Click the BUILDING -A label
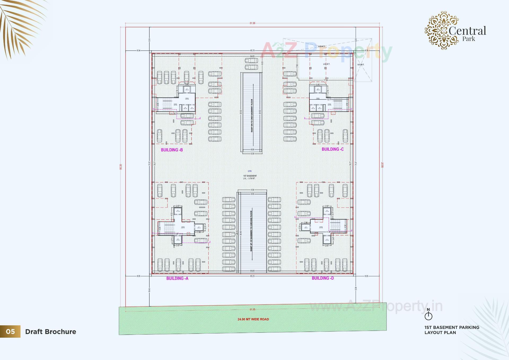coord(177,278)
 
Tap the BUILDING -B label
coord(172,150)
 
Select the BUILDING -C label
coord(332,149)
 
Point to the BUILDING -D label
coord(323,278)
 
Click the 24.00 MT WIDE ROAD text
coord(253,319)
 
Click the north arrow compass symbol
coord(428,315)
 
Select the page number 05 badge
coord(10,332)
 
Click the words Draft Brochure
coord(51,332)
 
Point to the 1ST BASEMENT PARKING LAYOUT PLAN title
coord(452,330)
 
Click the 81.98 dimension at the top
coord(252,23)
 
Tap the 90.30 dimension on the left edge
coord(121,167)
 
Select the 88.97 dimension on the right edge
coord(383,165)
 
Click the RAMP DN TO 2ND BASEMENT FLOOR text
coord(252,116)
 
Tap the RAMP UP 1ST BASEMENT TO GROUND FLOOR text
coord(251,231)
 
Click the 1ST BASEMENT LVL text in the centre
coord(250,177)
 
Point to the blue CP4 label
coord(249,171)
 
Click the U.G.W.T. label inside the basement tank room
coord(326,64)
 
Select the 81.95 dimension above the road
coord(252,310)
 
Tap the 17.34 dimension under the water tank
coord(326,80)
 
